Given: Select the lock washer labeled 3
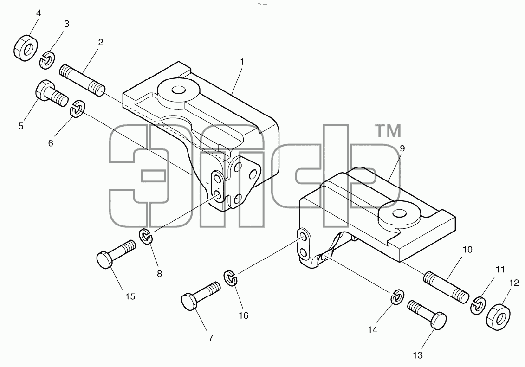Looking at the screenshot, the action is [47, 60].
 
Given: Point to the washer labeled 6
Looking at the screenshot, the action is [78, 108].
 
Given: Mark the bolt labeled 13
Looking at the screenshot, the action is [427, 315].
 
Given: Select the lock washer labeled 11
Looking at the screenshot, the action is [479, 305].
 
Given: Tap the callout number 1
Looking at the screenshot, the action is [242, 62].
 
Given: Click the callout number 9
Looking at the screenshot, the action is [402, 148].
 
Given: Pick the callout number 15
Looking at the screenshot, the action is [130, 296].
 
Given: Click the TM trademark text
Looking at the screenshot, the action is [388, 131].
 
